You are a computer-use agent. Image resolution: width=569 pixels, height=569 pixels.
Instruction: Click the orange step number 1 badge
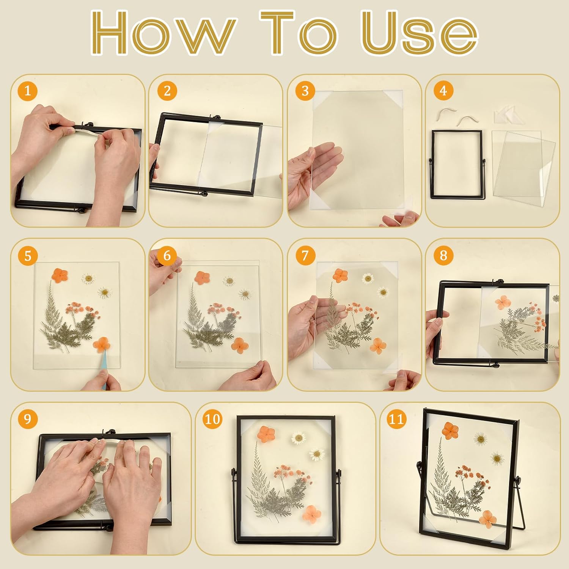pos(28,91)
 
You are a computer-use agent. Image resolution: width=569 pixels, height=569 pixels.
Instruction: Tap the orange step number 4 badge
pos(443,91)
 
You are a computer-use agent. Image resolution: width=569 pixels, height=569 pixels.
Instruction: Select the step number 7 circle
pos(305,255)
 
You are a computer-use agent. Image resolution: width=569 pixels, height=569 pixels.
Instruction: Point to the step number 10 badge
pos(212,419)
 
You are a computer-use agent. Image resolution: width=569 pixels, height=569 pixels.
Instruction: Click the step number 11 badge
pos(396,419)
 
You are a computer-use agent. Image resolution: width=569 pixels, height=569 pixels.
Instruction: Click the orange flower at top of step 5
pos(60,275)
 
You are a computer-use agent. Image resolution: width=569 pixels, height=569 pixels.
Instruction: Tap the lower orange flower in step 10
pos(312,514)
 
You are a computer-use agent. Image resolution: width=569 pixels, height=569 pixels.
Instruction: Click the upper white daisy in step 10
pos(299,438)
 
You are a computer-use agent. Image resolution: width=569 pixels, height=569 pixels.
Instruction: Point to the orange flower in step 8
pos(503,302)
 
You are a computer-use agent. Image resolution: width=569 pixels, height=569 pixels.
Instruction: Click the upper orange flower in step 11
pos(450,431)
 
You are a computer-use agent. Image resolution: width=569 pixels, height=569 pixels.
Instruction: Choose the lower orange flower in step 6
pos(240,345)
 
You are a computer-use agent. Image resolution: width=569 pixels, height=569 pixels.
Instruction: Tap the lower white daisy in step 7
pos(383,292)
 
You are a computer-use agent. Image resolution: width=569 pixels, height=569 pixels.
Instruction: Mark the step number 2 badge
pos(167,91)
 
